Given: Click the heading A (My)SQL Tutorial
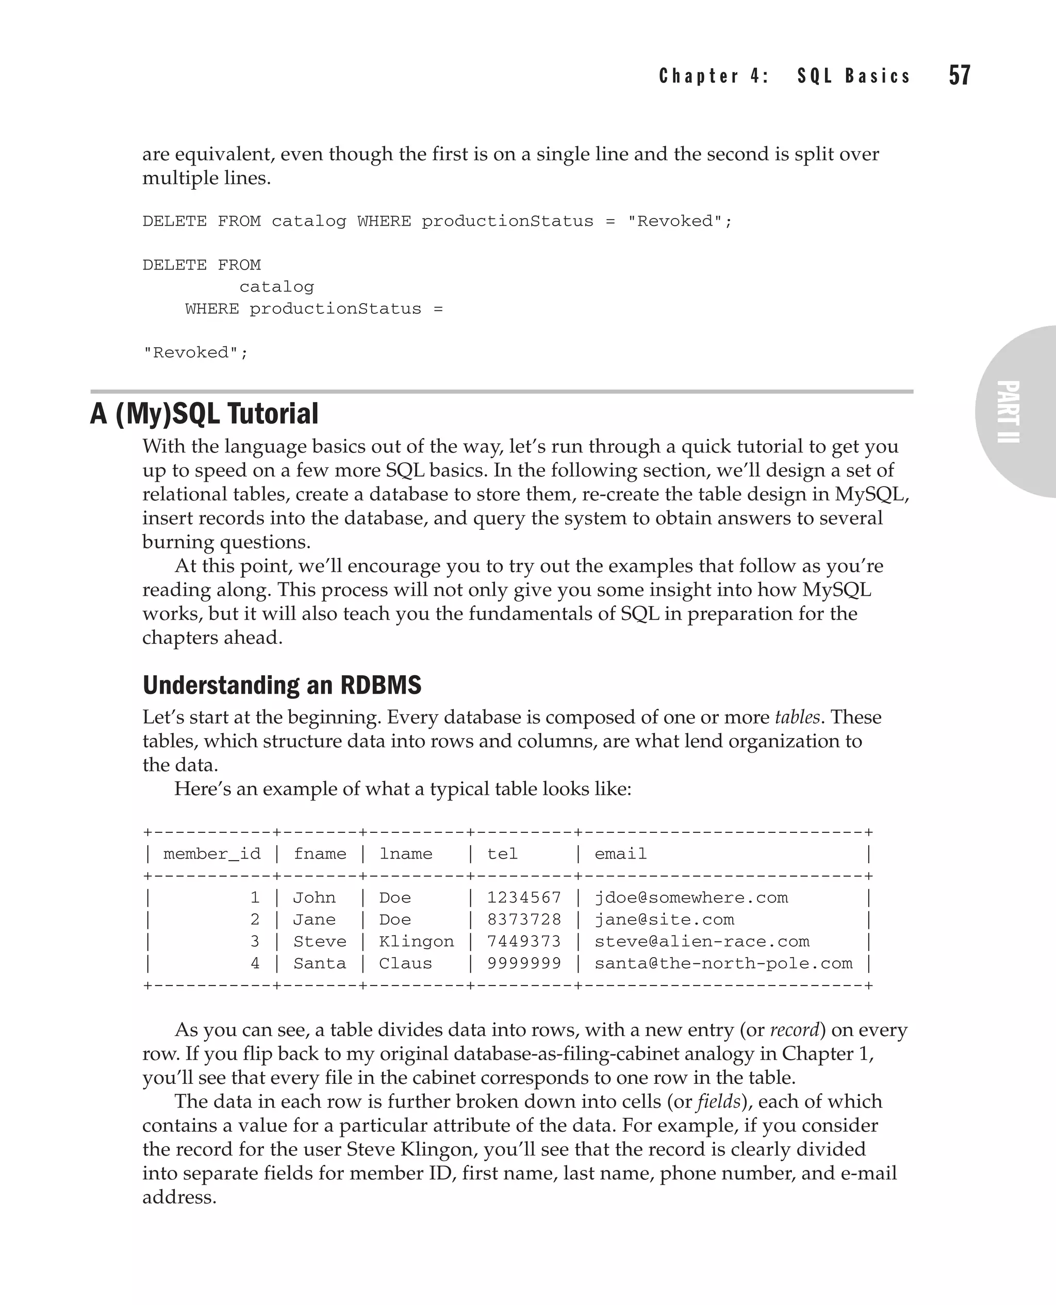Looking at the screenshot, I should click(204, 413).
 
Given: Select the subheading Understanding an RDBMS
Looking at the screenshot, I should click(282, 685).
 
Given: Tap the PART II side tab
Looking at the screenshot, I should click(1009, 412).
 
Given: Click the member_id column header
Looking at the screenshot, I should click(212, 854).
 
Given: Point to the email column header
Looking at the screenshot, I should click(620, 854).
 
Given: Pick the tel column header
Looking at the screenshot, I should click(502, 854).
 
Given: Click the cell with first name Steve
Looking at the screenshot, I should click(319, 941).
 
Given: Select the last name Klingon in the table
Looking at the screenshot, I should click(416, 941).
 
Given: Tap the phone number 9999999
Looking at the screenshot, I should click(524, 963).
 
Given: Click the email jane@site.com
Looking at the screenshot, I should click(664, 919).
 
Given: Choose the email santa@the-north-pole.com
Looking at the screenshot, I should click(723, 963).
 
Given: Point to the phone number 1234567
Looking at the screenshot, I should click(524, 897).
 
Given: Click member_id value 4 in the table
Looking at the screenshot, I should click(255, 963).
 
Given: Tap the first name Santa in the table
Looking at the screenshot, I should click(319, 963).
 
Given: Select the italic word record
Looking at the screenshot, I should click(794, 1030).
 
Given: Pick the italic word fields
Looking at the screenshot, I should click(718, 1102).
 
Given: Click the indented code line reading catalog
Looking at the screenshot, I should click(277, 287).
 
